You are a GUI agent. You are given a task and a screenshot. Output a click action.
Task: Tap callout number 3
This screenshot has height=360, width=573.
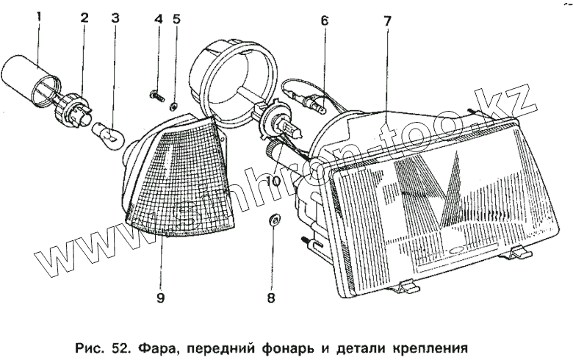pos(115,18)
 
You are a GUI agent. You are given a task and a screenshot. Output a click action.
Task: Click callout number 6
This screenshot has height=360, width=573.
pos(324,21)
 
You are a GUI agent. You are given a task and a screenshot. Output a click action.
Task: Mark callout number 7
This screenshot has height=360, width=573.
pos(387,20)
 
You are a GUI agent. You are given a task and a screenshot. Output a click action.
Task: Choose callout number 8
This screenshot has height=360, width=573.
pos(271,298)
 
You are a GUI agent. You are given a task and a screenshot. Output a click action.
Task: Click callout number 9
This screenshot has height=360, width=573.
pos(161,298)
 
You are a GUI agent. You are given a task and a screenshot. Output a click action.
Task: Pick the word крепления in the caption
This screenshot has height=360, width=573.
pos(429,344)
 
